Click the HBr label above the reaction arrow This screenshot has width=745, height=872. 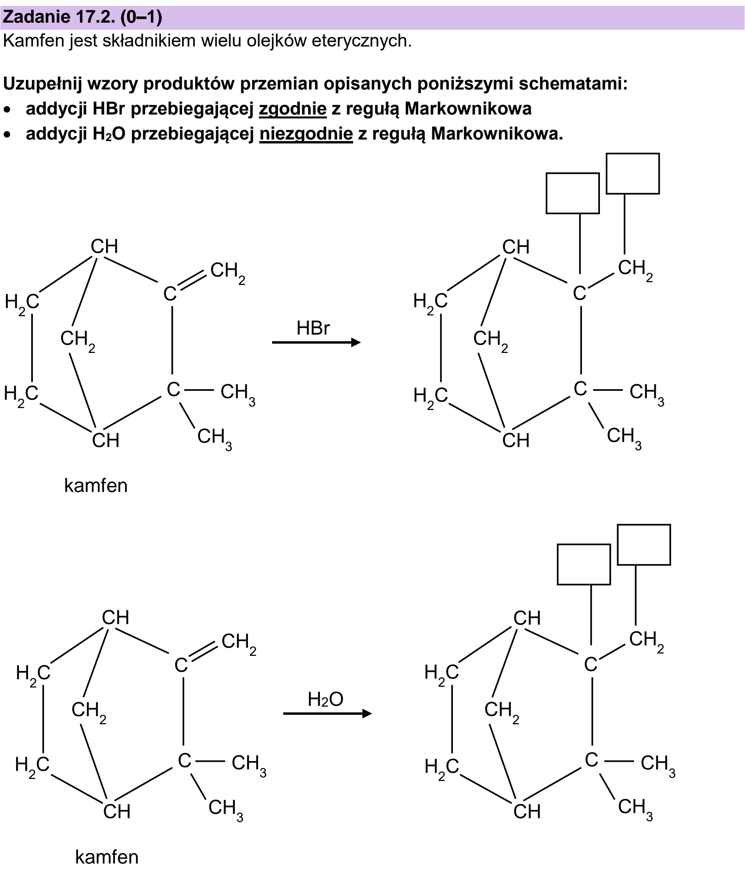coord(312,328)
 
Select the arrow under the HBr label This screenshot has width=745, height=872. coord(316,342)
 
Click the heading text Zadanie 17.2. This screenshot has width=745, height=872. coord(59,17)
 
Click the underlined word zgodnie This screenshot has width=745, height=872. coord(293,109)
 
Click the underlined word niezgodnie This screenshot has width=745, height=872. coord(306,134)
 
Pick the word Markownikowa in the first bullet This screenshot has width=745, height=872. coord(468,109)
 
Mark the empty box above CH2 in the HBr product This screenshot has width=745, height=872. coord(632,174)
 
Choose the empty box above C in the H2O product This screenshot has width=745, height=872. coord(584,564)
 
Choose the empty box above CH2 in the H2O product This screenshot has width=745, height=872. coord(644,544)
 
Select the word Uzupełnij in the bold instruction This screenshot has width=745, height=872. coord(43,84)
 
